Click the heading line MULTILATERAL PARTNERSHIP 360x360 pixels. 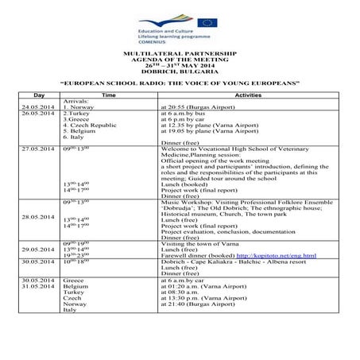click(179, 52)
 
